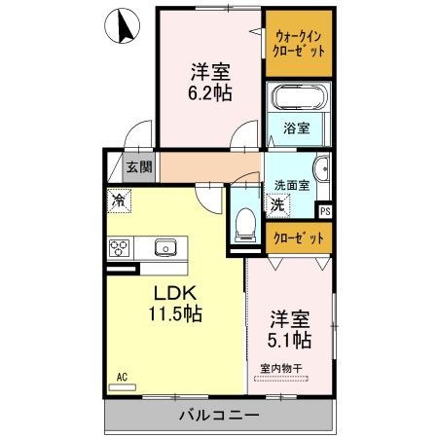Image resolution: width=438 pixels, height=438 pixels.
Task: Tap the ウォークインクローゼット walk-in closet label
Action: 299,43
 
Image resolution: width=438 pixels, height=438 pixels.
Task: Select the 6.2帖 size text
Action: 210,94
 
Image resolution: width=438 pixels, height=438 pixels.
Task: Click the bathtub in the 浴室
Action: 299,100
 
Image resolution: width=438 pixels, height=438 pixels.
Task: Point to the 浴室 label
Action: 297,128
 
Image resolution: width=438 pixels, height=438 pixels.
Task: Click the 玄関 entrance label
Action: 139,166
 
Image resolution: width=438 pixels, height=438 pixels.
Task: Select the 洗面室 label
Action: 291,185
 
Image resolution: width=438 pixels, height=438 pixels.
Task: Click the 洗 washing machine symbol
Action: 278,205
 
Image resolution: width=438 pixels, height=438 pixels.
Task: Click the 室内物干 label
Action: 281,368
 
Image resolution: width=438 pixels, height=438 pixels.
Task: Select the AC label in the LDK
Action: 123,376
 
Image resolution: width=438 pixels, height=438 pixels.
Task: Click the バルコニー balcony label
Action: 218,416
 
